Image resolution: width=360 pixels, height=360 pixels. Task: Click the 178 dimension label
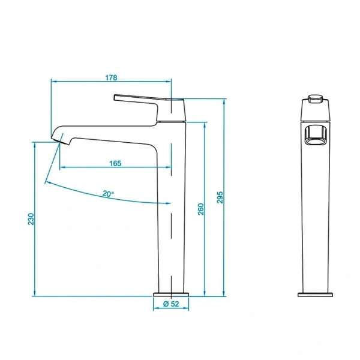[x=112, y=77]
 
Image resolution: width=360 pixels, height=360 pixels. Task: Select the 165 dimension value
[x=116, y=163]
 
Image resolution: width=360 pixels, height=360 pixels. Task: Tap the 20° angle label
[x=108, y=194]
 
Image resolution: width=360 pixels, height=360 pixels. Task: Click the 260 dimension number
[x=201, y=209]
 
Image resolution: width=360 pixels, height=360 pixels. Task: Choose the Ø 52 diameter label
[x=172, y=305]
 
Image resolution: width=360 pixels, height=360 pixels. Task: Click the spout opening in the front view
[x=316, y=135]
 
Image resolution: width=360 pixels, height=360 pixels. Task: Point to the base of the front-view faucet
[x=316, y=293]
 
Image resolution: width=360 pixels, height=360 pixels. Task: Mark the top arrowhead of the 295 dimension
[x=224, y=101]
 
